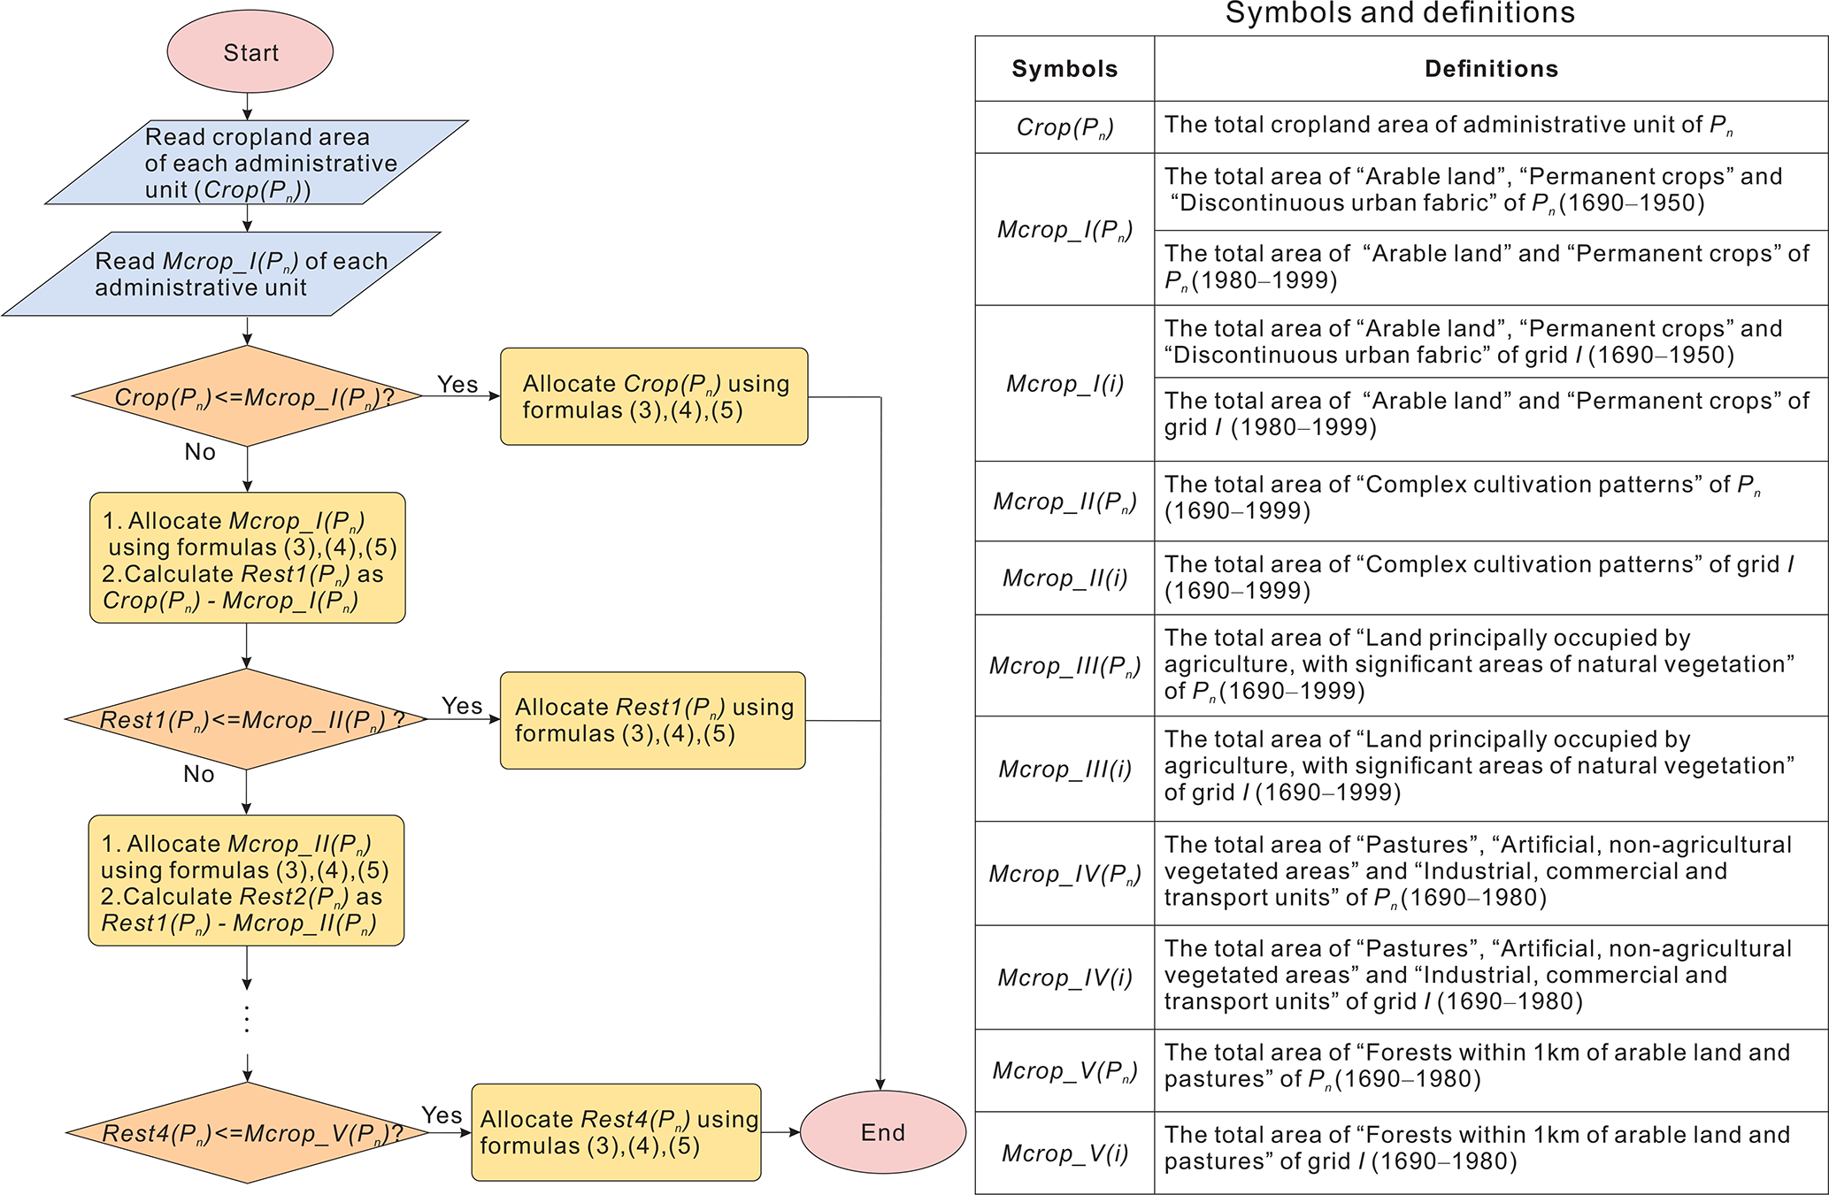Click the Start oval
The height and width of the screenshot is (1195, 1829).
250,52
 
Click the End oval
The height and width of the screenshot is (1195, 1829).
882,1132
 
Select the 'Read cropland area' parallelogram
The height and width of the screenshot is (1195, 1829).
257,163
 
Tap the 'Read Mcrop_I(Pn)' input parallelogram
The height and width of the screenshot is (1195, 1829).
221,274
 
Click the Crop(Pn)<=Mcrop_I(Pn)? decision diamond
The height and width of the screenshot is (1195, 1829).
248,396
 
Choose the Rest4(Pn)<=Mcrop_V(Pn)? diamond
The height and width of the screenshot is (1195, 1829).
248,1133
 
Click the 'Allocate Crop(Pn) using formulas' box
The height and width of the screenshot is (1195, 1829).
654,396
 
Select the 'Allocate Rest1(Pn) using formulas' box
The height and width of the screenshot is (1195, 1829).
653,720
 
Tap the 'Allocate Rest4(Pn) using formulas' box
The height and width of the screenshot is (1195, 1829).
616,1132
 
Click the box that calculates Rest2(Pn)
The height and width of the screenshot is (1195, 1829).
246,881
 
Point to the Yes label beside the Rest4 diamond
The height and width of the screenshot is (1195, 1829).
442,1115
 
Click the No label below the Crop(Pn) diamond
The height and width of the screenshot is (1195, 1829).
200,452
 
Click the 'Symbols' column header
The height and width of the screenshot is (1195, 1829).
1064,69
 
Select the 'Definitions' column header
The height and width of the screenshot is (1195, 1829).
1491,69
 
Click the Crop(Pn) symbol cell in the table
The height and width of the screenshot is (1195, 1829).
1064,127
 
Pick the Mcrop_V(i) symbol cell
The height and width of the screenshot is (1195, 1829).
1064,1153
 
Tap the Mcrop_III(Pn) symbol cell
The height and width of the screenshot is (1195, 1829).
1064,665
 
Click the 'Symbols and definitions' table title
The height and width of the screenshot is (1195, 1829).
1400,13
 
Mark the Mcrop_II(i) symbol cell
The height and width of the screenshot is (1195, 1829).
1064,578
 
